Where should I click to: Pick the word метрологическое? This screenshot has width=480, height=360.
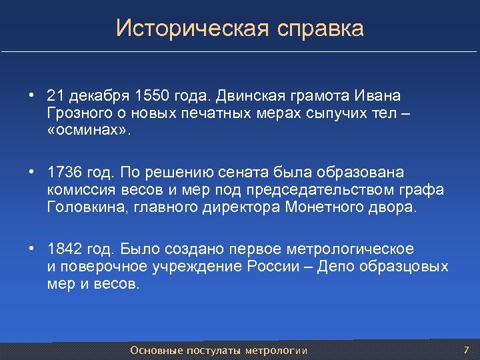pyautogui.click(x=350, y=249)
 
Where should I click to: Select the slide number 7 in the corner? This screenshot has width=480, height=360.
pyautogui.click(x=466, y=350)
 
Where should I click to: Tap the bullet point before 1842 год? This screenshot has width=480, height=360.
pyautogui.click(x=31, y=249)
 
